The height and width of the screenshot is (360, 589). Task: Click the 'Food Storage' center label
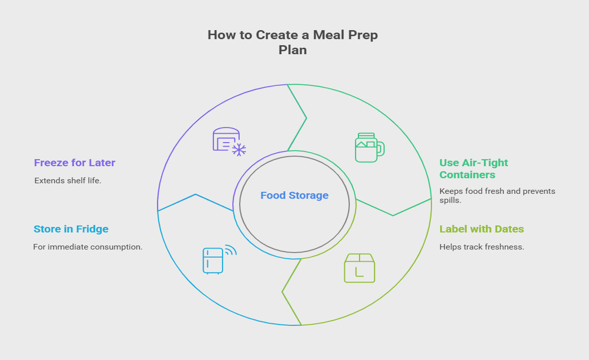[294, 195]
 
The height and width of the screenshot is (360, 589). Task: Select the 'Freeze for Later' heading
[75, 163]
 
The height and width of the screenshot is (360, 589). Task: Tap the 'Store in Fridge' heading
[71, 229]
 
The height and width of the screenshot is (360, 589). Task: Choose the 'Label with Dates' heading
[482, 229]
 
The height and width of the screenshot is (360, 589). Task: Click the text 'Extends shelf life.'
[68, 181]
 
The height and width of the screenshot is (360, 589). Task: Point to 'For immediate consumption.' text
[87, 247]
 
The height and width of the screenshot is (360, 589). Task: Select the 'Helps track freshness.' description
[482, 247]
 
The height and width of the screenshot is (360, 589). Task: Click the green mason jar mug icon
[369, 148]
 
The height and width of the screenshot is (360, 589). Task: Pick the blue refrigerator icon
[214, 260]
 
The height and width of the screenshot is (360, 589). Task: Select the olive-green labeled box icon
[359, 268]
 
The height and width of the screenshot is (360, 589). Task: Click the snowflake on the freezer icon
[239, 149]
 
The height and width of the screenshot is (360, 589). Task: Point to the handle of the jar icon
[381, 148]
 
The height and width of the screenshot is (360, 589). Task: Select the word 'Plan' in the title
[292, 50]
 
